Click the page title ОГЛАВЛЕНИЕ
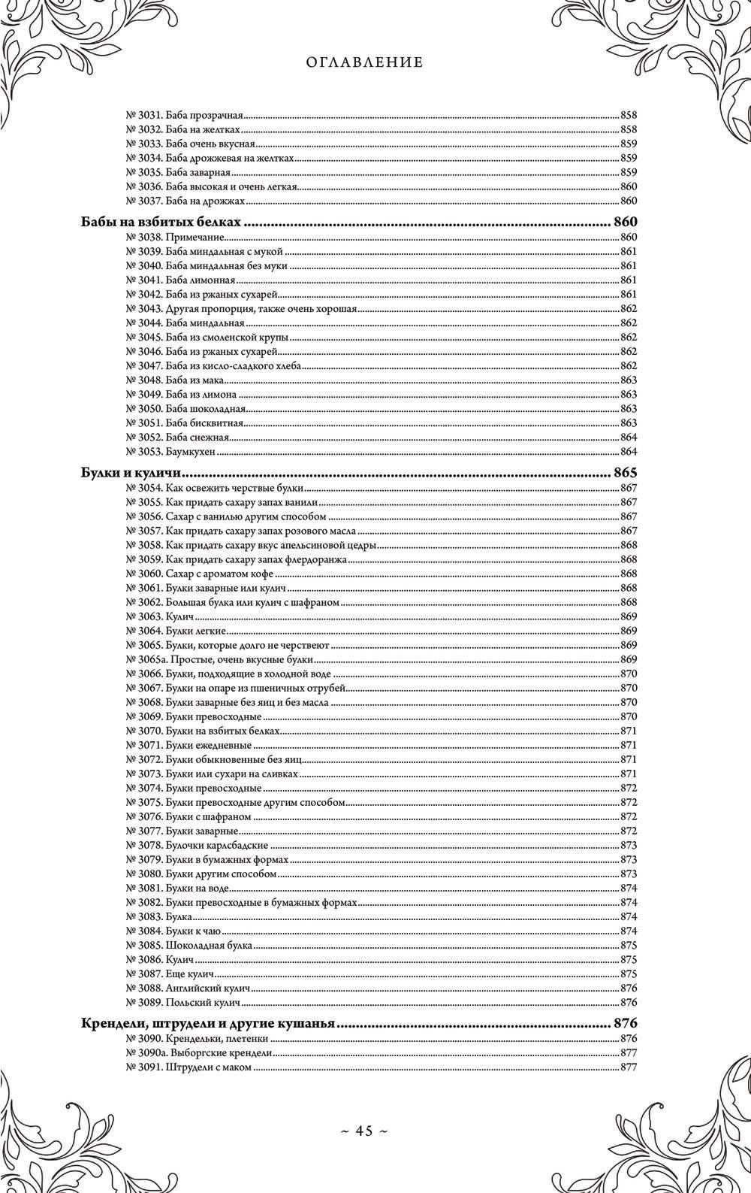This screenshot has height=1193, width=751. (364, 63)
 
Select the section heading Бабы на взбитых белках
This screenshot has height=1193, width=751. (161, 223)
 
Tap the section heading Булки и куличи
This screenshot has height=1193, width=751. (133, 474)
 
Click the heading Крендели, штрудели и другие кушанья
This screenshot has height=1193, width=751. (207, 1024)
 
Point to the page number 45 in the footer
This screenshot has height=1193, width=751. (364, 1131)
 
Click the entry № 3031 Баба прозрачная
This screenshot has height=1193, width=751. (184, 116)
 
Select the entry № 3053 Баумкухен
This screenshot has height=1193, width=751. (170, 451)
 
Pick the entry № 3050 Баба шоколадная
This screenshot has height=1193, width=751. (185, 409)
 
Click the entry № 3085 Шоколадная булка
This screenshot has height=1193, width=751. (189, 945)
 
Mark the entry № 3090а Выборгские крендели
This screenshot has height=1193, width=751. (198, 1053)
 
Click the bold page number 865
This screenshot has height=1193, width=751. (625, 474)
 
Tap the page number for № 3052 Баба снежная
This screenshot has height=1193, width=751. (629, 438)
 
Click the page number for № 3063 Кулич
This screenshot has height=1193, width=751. (629, 616)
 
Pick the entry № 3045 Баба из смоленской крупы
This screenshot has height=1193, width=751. (207, 338)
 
